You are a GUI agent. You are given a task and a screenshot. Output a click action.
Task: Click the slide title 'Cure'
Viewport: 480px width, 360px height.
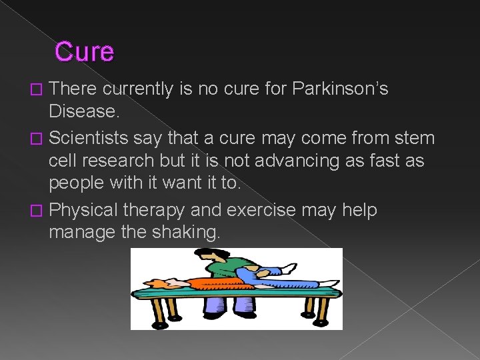[84, 51]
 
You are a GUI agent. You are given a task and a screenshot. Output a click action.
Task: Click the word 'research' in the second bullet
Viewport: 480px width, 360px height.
[130, 161]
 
